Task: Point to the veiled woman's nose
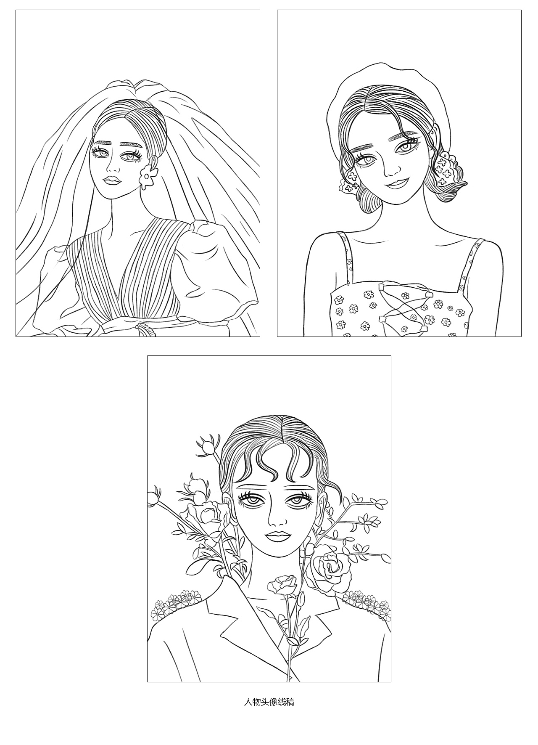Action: click(x=113, y=166)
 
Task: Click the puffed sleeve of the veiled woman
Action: click(x=219, y=265)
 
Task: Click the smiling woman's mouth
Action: click(x=397, y=183)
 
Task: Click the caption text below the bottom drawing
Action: click(x=269, y=702)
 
